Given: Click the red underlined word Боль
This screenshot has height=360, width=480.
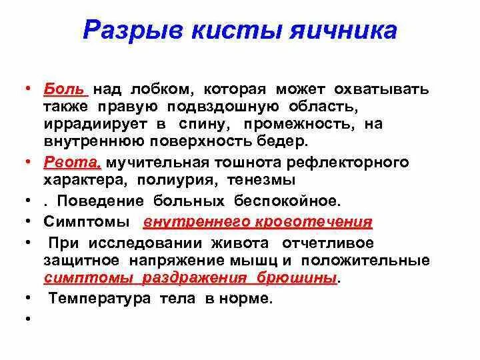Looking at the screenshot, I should pos(65,89).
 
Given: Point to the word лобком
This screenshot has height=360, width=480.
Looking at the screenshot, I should pos(160,89).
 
